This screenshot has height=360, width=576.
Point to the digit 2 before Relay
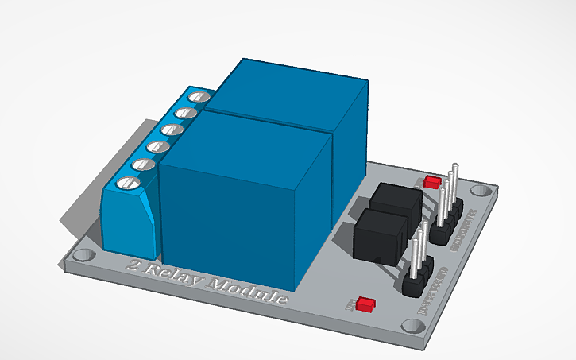133,267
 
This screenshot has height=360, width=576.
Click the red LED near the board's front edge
366,304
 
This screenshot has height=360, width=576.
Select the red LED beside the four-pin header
432,182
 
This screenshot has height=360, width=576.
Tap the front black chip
382,236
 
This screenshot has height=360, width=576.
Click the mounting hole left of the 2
83,257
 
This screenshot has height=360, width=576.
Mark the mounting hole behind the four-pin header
478,192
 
